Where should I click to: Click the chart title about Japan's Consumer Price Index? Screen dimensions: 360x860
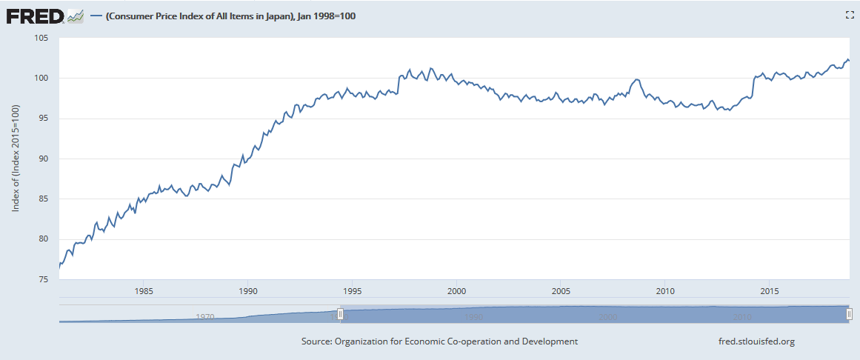pos(230,16)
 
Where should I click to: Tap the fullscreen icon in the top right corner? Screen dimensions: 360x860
pos(850,15)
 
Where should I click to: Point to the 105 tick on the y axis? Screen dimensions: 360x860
pos(40,38)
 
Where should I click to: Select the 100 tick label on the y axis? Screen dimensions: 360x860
pos(40,78)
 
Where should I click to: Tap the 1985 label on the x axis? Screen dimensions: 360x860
pos(144,290)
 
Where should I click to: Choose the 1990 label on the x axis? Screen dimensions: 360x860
pos(248,290)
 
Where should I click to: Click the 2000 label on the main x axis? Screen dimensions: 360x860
pos(457,290)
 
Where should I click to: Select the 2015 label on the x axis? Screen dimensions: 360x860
pos(770,290)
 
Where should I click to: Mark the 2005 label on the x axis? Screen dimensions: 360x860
pos(561,290)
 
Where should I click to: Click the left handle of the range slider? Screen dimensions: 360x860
pos(340,314)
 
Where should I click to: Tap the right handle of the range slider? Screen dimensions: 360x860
pos(849,314)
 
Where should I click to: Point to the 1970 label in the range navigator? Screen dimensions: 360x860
pos(205,316)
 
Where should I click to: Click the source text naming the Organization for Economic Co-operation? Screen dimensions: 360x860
pos(439,341)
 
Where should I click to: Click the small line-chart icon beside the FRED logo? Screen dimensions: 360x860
pos(76,16)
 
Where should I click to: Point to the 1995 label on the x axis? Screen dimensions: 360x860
pos(353,290)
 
